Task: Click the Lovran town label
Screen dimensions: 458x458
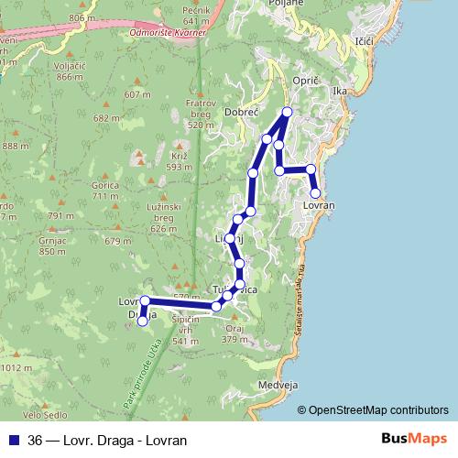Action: (318, 206)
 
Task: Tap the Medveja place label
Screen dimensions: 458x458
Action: (278, 385)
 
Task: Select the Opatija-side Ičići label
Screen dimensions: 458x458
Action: (364, 42)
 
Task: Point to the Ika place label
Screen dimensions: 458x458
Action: (341, 92)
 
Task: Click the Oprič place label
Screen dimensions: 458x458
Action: (304, 82)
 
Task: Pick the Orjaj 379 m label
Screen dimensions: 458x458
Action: (235, 333)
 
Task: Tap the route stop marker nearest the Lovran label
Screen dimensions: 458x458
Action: (315, 192)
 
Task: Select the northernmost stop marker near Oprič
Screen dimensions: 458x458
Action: (287, 112)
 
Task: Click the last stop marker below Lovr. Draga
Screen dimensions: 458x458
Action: (142, 321)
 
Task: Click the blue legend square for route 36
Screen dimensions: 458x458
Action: (13, 440)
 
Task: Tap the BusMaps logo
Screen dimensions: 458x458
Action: (415, 439)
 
